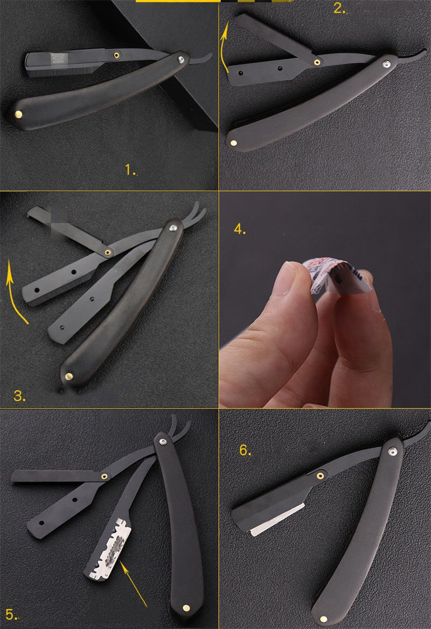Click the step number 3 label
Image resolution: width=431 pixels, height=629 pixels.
coord(19,396)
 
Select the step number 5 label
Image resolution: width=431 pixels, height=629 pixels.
coord(10,614)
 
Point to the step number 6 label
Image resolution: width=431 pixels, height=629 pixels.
coord(245,450)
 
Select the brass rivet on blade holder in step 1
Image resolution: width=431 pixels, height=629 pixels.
coord(116,54)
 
